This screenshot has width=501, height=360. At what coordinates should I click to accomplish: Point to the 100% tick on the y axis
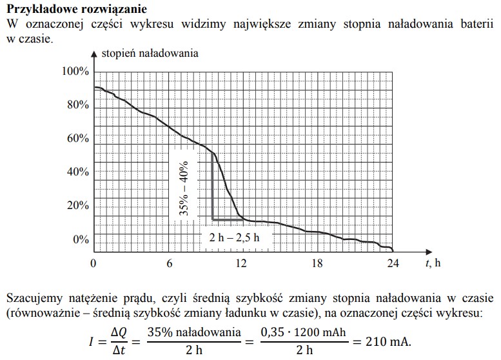point(75,71)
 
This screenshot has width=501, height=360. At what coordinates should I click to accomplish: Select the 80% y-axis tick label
point(77,105)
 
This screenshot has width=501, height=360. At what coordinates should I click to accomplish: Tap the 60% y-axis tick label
point(77,138)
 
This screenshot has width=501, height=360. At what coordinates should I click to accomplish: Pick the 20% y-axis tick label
point(77,206)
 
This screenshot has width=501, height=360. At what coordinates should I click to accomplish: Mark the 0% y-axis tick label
point(80,239)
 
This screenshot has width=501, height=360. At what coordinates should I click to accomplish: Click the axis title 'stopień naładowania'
point(150,52)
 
